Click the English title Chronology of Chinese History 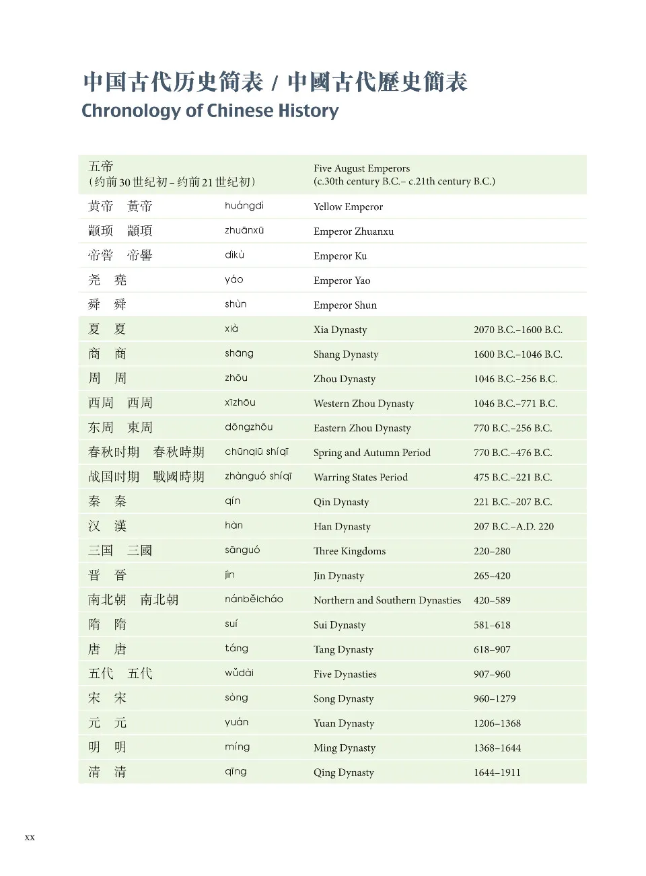click(210, 110)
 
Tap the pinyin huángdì click(244, 206)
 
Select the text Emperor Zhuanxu click(353, 231)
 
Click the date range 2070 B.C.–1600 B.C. click(517, 330)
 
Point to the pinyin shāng click(239, 354)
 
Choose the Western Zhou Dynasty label click(363, 404)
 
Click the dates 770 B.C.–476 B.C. click(513, 453)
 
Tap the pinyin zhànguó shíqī click(258, 477)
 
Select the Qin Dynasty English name click(341, 502)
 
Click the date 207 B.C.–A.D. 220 click(513, 527)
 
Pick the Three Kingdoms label click(349, 551)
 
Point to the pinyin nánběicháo click(254, 599)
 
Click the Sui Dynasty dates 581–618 click(492, 625)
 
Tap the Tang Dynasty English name click(343, 649)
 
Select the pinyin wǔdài click(239, 673)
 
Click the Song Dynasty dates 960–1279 click(494, 698)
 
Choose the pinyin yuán click(236, 723)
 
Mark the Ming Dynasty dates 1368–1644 click(497, 747)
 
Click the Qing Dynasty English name click(343, 772)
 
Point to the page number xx click(30, 838)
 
